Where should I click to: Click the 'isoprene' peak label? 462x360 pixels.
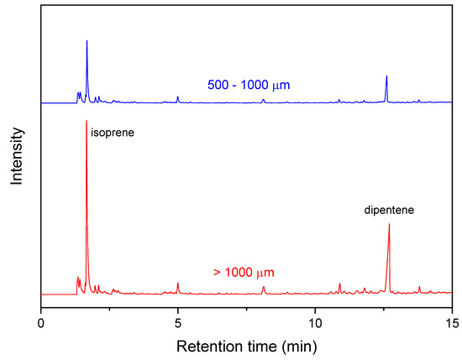pyautogui.click(x=112, y=133)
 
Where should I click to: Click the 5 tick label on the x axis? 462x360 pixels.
pyautogui.click(x=178, y=321)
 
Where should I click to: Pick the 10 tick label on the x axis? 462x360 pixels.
pyautogui.click(x=315, y=321)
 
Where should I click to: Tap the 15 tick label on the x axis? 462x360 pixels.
pyautogui.click(x=451, y=321)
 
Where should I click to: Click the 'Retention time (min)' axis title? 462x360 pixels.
pyautogui.click(x=246, y=345)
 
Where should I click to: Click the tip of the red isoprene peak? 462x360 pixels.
pyautogui.click(x=87, y=121)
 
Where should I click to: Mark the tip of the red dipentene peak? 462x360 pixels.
pyautogui.click(x=389, y=224)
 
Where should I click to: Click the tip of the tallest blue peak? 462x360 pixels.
pyautogui.click(x=87, y=40)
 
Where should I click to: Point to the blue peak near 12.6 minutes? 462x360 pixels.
pyautogui.click(x=386, y=76)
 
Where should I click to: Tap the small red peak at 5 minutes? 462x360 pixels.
pyautogui.click(x=178, y=283)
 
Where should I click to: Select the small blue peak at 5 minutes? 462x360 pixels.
pyautogui.click(x=178, y=97)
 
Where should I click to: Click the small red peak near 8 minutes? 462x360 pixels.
pyautogui.click(x=263, y=287)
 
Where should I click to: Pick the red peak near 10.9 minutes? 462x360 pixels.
pyautogui.click(x=339, y=284)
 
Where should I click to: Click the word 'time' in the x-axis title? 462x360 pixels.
pyautogui.click(x=255, y=345)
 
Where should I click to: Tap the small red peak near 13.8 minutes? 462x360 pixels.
pyautogui.click(x=419, y=287)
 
